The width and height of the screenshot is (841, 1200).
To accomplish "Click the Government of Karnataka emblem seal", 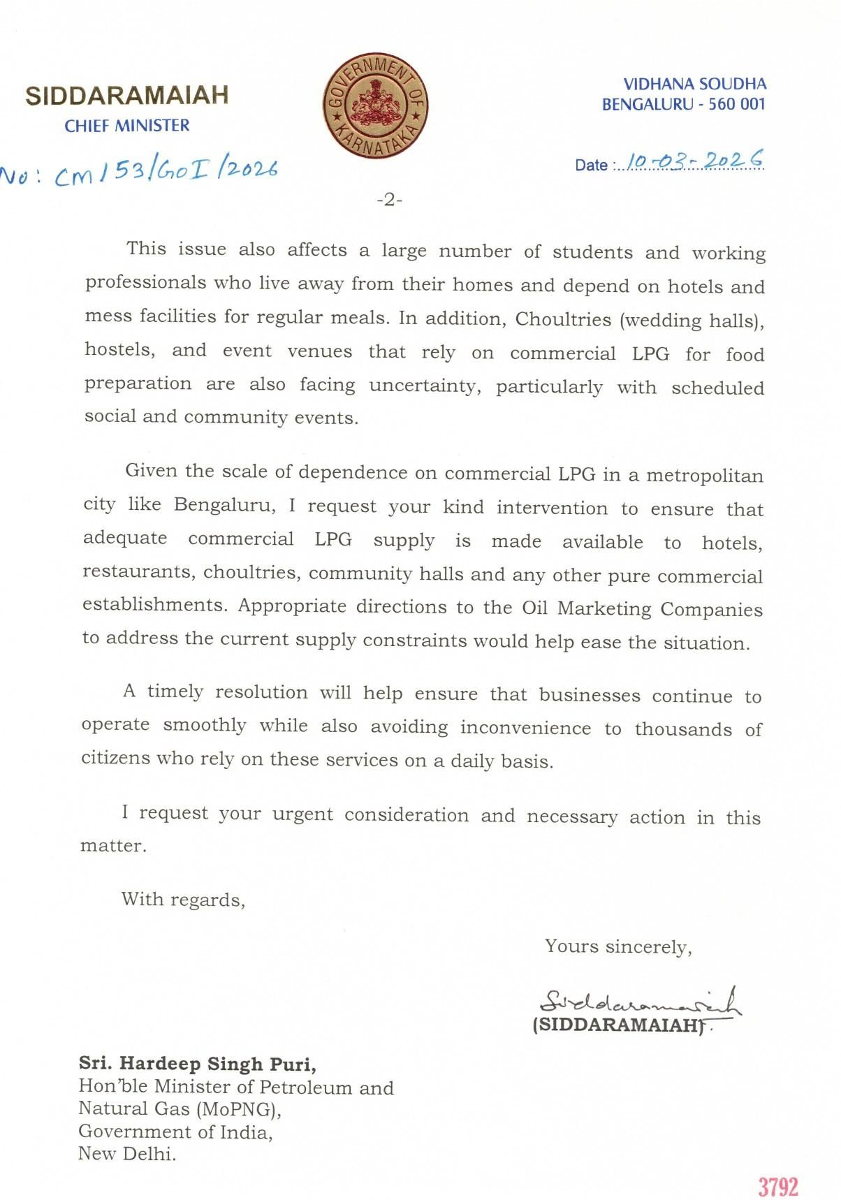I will point(376,105).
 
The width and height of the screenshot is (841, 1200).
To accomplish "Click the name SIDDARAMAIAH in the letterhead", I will point(127,96).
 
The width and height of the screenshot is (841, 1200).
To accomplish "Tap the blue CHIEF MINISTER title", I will point(127,126).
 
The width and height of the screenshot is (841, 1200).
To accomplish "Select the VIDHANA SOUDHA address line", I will point(694,85).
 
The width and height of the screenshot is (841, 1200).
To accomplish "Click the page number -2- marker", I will point(390,200).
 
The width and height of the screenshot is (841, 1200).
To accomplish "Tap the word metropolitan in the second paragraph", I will point(705,476).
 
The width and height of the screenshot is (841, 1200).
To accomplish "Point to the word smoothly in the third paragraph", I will point(205,725).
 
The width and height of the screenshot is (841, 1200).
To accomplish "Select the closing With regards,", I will point(183,899).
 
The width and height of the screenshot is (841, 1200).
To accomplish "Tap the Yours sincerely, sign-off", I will point(618,946).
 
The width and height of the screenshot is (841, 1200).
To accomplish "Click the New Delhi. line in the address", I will point(127,1153).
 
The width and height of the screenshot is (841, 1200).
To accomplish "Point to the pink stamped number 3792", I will point(778,1187).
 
